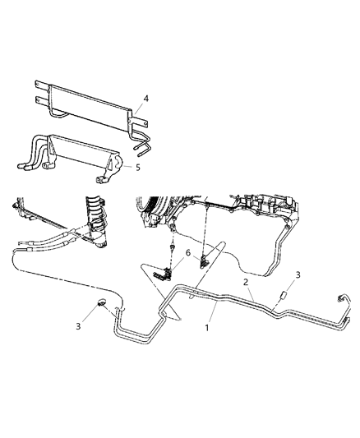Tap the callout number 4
tap(146, 99)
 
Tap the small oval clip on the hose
tap(102, 303)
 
